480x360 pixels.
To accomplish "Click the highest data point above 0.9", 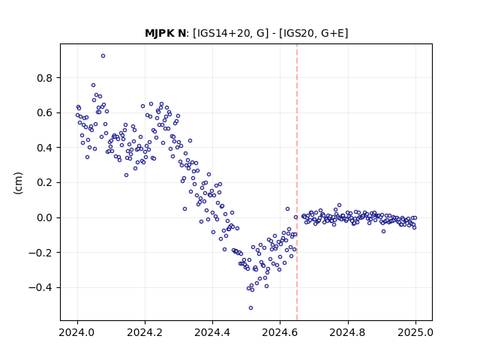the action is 103,56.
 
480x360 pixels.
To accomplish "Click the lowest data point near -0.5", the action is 250,308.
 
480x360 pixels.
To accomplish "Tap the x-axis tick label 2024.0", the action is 77,332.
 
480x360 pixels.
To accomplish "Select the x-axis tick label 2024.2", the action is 145,332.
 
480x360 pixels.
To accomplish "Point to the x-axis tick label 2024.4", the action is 212,332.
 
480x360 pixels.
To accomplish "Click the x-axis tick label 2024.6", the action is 280,332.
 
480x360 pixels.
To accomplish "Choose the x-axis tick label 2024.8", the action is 348,332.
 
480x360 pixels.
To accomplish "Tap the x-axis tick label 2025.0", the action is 415,332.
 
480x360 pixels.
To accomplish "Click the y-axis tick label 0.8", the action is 45,78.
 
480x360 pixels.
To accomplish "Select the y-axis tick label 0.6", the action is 45,113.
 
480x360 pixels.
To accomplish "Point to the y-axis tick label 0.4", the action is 45,148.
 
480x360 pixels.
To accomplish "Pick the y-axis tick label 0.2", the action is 45,183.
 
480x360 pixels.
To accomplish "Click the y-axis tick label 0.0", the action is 45,217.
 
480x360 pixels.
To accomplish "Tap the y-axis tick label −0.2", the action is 40,253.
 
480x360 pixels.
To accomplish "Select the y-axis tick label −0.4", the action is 40,288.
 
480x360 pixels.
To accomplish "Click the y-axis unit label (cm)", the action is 18,183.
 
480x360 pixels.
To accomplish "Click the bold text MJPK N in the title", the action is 165,33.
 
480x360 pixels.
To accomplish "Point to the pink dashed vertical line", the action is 297,182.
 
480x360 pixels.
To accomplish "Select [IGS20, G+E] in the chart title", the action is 313,33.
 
